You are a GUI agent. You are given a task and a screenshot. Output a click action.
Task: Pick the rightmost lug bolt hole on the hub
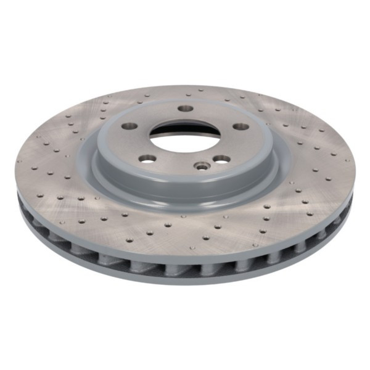pos(240,126)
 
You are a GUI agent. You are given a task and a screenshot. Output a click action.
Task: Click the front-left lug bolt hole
pos(147,158)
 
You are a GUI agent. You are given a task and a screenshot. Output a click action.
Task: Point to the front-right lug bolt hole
pos(221,159)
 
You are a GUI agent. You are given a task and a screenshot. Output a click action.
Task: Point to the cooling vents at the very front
pos(185,266)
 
